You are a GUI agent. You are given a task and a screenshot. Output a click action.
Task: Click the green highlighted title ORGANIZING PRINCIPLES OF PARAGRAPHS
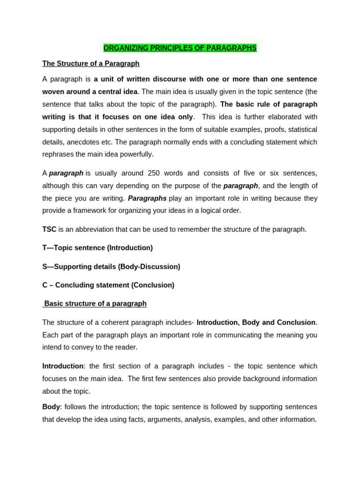pos(180,48)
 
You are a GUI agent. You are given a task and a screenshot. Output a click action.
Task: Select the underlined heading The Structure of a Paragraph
pos(91,63)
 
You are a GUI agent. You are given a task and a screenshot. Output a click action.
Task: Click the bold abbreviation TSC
pos(49,229)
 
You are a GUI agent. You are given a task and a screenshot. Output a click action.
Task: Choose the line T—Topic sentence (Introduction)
pos(97,247)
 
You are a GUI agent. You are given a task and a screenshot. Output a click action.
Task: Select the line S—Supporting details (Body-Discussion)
pos(111,266)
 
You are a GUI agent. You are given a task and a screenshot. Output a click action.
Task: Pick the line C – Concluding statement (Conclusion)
pos(108,285)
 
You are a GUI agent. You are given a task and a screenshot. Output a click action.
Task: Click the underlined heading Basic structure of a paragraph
pos(95,303)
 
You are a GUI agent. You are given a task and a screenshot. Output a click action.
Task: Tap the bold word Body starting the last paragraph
pos(51,406)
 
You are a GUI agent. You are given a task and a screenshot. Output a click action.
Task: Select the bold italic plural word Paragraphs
pos(147,198)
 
